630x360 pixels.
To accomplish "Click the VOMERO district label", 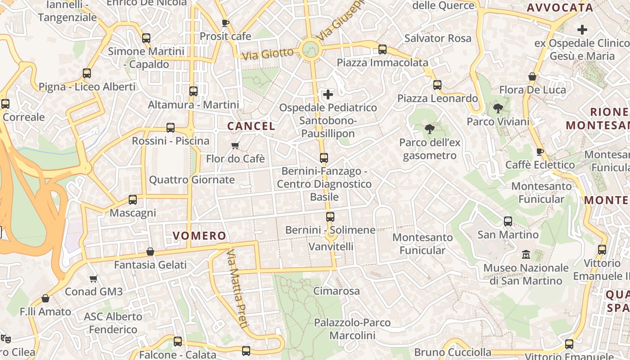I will click(199, 235).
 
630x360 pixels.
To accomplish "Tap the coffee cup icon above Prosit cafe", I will click(225, 23).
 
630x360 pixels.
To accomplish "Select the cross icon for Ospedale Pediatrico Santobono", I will click(328, 94).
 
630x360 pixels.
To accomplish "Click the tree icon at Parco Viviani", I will click(498, 108).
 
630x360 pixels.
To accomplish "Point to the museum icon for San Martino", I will click(526, 254).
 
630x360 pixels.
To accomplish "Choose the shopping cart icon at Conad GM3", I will click(94, 279).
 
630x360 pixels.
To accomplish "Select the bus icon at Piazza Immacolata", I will click(382, 49).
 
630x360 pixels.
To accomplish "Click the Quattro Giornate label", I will click(192, 180).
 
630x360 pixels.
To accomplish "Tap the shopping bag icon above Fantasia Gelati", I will click(150, 252).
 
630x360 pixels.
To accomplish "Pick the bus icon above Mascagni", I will click(133, 199).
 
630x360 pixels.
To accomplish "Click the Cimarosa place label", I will click(337, 291).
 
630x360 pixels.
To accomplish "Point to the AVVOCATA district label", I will click(560, 8).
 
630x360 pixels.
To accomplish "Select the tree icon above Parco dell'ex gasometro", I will click(429, 130).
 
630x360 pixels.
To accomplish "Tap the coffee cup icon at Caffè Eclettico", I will click(540, 152).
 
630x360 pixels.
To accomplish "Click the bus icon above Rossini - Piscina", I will click(171, 128).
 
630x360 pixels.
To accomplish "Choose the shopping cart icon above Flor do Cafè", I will click(235, 145).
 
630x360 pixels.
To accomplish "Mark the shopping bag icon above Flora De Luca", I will click(532, 76).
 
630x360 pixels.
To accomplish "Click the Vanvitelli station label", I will click(331, 246).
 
